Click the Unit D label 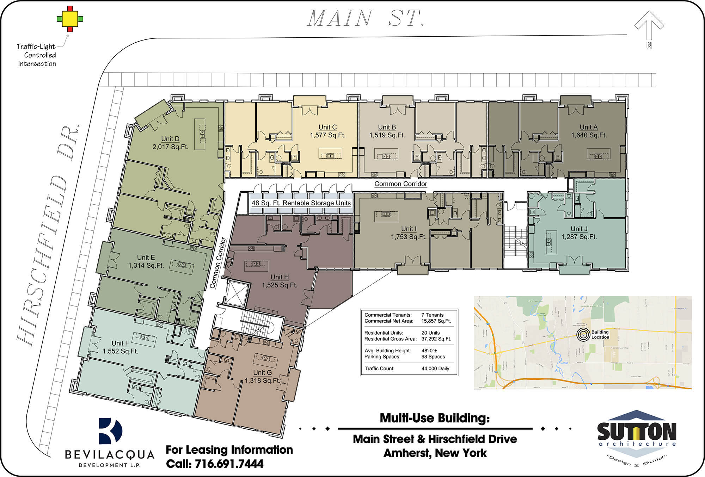pos(170,139)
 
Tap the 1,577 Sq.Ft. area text pos(327,135)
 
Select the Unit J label pos(579,229)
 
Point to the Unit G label pos(262,372)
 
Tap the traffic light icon pos(70,19)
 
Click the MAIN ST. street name pos(365,18)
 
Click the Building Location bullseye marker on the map pos(583,335)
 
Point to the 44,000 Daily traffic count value pos(435,368)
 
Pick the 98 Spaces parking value pos(433,357)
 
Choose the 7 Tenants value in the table pos(432,315)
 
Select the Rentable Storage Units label pos(301,203)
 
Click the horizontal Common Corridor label pos(400,184)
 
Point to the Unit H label pos(280,277)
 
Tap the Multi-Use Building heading pos(435,418)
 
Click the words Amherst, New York pos(435,453)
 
